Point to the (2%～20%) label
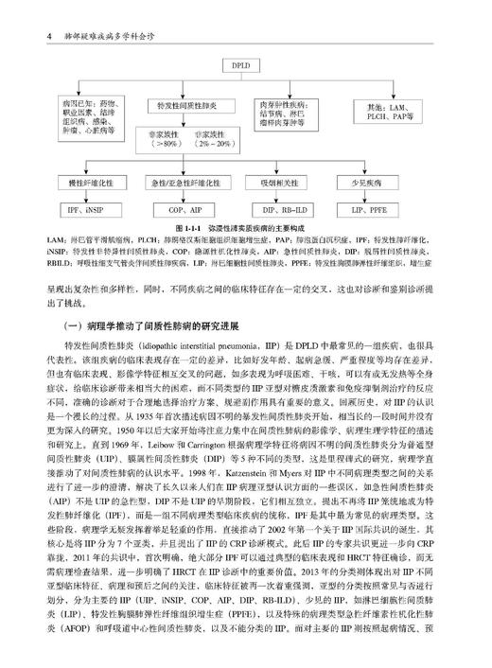(x=217, y=153)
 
